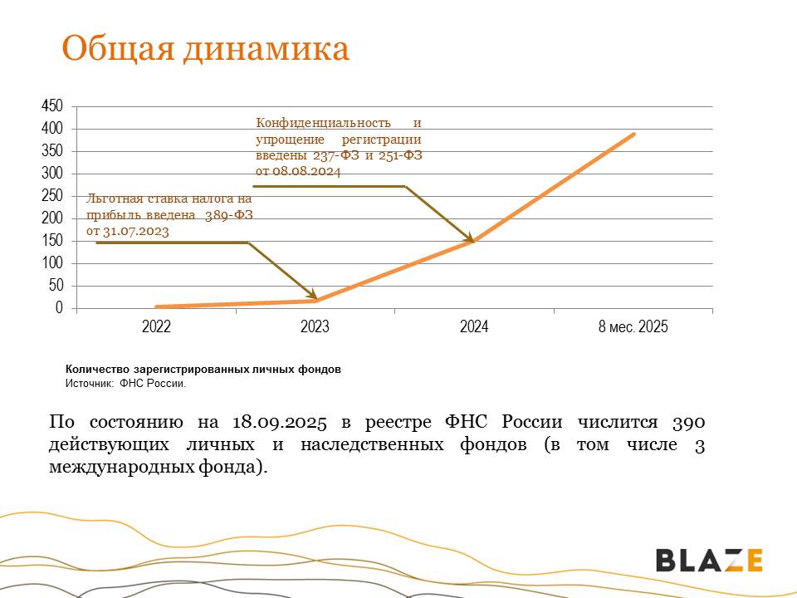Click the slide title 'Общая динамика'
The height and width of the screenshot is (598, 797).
pyautogui.click(x=205, y=49)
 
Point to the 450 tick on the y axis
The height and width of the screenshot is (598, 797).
pyautogui.click(x=51, y=106)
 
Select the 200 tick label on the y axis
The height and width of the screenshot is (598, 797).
pyautogui.click(x=51, y=218)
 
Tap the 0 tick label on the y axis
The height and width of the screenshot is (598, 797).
pyautogui.click(x=58, y=308)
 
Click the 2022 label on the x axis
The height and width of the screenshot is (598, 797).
pyautogui.click(x=156, y=327)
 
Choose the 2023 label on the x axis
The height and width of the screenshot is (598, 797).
pyautogui.click(x=315, y=327)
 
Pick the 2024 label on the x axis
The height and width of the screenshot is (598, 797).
pyautogui.click(x=474, y=327)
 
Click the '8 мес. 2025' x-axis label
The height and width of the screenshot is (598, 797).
pyautogui.click(x=633, y=327)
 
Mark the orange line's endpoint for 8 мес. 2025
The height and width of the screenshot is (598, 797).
pyautogui.click(x=634, y=134)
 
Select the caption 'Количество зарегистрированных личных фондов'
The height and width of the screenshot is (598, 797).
pyautogui.click(x=203, y=369)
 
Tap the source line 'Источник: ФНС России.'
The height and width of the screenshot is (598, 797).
pyautogui.click(x=126, y=384)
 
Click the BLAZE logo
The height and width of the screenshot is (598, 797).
pyautogui.click(x=709, y=560)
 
